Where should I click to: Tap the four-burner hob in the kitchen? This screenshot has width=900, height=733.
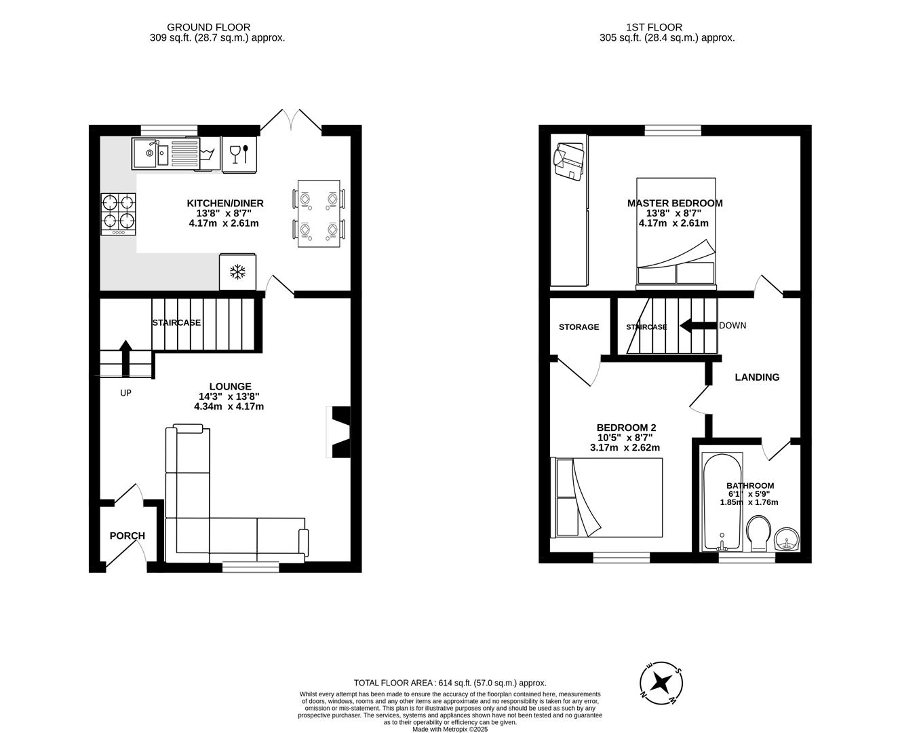click(x=119, y=214)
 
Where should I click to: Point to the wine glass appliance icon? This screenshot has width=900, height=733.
click(x=240, y=155)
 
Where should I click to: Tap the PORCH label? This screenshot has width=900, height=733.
click(x=128, y=535)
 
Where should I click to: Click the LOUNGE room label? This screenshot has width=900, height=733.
click(x=230, y=386)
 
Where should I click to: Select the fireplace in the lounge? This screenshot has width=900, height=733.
click(x=340, y=432)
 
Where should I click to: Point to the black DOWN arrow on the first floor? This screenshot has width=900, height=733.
click(x=697, y=326)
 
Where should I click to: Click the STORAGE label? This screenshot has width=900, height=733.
click(x=579, y=327)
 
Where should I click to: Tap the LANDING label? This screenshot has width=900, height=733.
click(x=757, y=377)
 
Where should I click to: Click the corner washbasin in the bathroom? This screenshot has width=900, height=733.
click(x=787, y=541)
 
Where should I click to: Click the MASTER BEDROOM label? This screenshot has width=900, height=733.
click(x=675, y=203)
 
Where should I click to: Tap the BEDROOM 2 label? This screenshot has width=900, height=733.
click(x=626, y=428)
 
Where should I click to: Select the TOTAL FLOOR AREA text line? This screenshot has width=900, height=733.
click(x=450, y=683)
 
